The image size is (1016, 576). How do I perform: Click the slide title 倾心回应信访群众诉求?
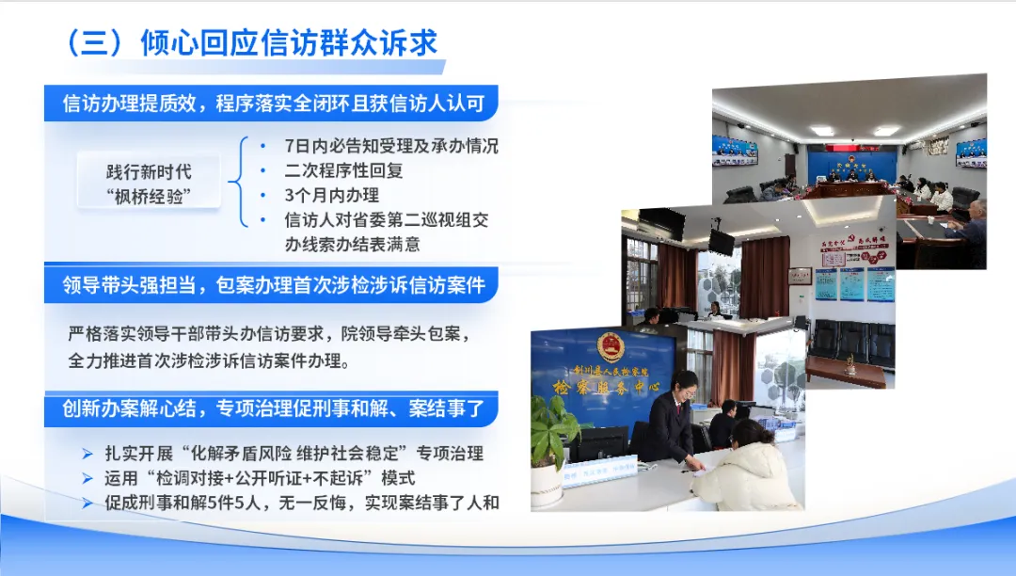[x=289, y=43]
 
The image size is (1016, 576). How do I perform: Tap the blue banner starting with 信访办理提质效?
[x=271, y=103]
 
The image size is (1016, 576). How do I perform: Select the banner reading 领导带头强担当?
[x=271, y=285]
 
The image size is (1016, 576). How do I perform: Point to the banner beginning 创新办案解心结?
[x=271, y=408]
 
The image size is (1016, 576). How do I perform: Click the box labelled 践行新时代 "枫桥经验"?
[x=149, y=184]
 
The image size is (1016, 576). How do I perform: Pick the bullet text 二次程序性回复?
[x=343, y=170]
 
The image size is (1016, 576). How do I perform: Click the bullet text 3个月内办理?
[x=331, y=195]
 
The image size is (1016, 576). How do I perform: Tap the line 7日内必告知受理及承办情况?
[x=391, y=146]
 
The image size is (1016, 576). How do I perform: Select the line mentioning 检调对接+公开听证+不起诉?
[x=260, y=478]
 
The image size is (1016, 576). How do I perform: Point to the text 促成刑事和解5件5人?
[x=183, y=503]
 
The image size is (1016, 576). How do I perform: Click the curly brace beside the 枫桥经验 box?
[x=238, y=182]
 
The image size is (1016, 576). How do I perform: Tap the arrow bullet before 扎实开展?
[x=87, y=454]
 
